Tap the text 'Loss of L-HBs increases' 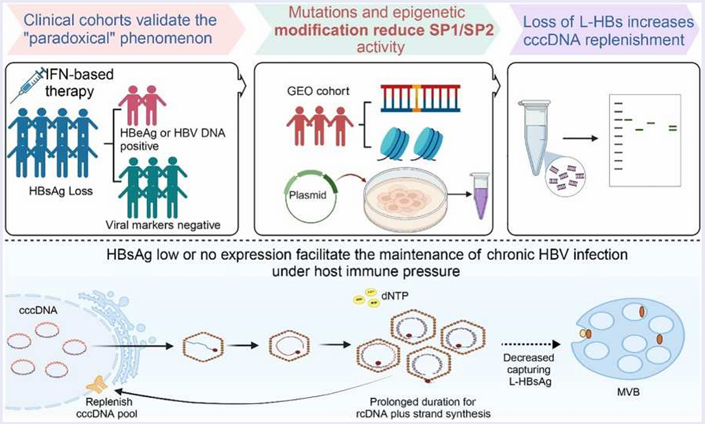[604, 22]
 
